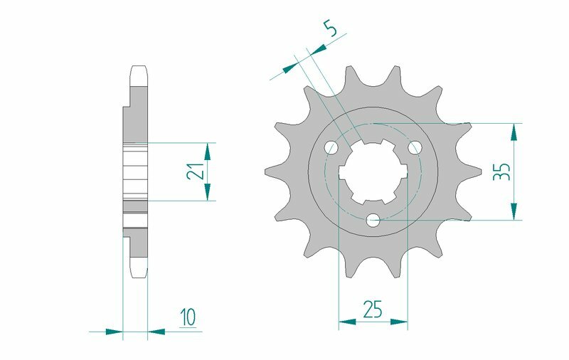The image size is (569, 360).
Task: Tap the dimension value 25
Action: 373,309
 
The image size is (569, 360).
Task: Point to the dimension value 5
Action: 331,29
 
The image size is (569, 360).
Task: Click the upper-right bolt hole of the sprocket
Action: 415,147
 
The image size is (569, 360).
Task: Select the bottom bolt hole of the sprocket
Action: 373,221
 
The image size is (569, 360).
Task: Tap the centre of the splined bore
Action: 373,174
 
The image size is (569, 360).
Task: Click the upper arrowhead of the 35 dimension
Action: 512,132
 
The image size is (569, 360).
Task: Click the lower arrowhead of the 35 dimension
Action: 512,212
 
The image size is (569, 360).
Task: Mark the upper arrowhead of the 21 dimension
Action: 208,151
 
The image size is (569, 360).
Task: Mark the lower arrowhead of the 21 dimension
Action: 208,192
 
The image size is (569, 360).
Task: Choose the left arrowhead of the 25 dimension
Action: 347,322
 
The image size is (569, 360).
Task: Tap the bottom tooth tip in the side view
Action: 139,272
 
